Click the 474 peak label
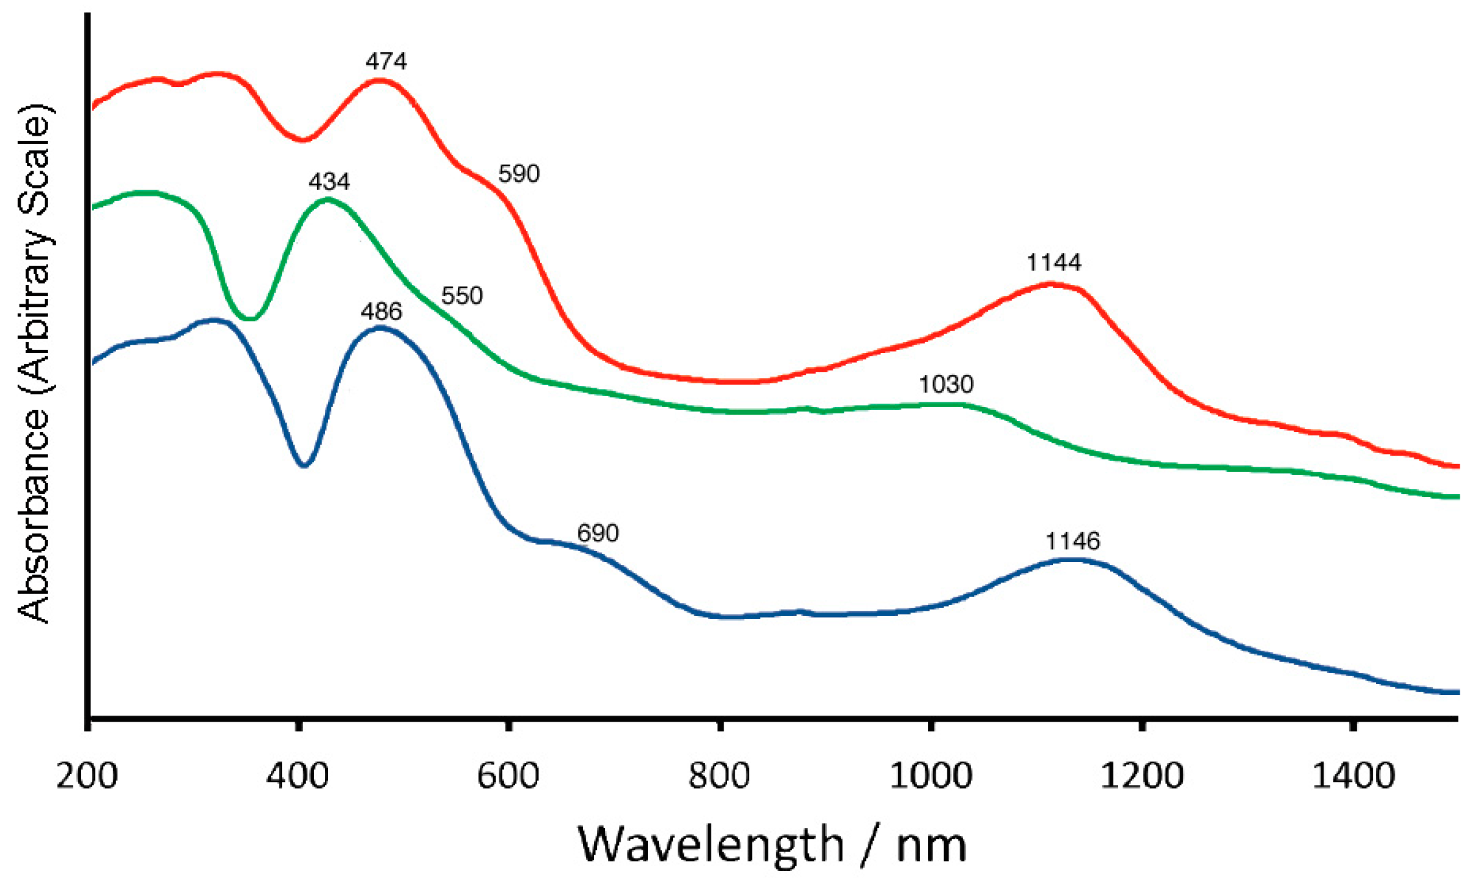[386, 62]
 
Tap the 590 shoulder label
[519, 174]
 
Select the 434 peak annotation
[329, 182]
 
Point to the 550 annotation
[462, 296]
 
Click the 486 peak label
[381, 312]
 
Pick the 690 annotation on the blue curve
[598, 533]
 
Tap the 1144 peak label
[1054, 263]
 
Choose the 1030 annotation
[946, 385]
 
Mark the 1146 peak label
[1073, 541]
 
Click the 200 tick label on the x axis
[87, 776]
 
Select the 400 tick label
[298, 776]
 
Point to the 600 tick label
[508, 776]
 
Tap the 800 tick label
[719, 776]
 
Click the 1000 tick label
[931, 776]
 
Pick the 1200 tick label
[1142, 776]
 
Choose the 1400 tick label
[1353, 776]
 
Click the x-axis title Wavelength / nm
[772, 845]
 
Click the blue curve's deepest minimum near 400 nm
[304, 465]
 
